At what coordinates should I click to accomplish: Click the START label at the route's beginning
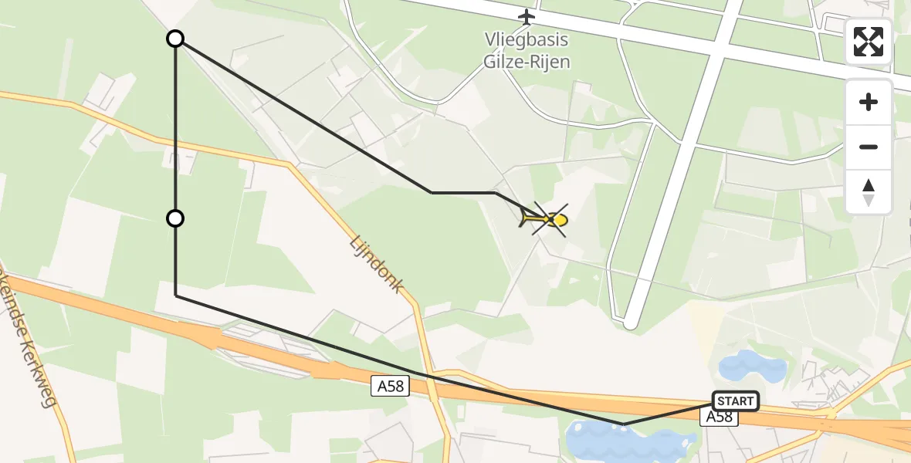coord(736,401)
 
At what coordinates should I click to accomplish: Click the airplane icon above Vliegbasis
coord(527,16)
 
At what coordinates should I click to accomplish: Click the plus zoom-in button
coord(869,102)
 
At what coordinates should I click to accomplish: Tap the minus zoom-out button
coord(869,147)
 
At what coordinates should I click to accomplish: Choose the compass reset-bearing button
coord(869,192)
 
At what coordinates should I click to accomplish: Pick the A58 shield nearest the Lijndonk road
coord(389,387)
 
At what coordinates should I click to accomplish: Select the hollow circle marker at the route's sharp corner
coord(176,39)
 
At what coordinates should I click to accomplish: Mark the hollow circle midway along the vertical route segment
coord(176,218)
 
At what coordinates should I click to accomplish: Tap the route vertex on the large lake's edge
coord(625,424)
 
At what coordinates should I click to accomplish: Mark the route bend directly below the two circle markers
coord(176,296)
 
